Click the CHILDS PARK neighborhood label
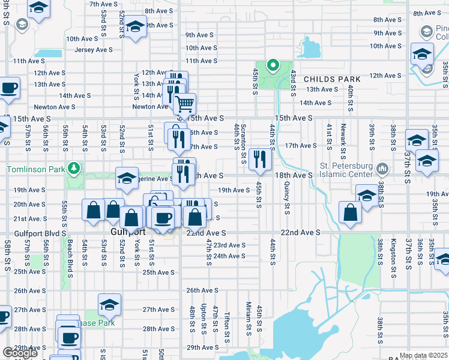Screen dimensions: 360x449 tap(332, 79)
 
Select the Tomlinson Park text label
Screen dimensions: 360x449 tap(34, 169)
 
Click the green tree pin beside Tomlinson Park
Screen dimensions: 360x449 tap(74, 168)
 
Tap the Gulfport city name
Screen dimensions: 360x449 tap(128, 232)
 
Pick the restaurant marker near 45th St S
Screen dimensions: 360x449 tap(260, 159)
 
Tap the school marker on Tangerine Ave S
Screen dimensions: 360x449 tap(127, 178)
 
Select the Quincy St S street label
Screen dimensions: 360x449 tap(288, 200)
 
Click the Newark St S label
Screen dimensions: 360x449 tap(344, 136)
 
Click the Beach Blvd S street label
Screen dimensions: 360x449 tap(70, 259)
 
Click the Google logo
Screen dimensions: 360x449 tap(20, 353)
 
